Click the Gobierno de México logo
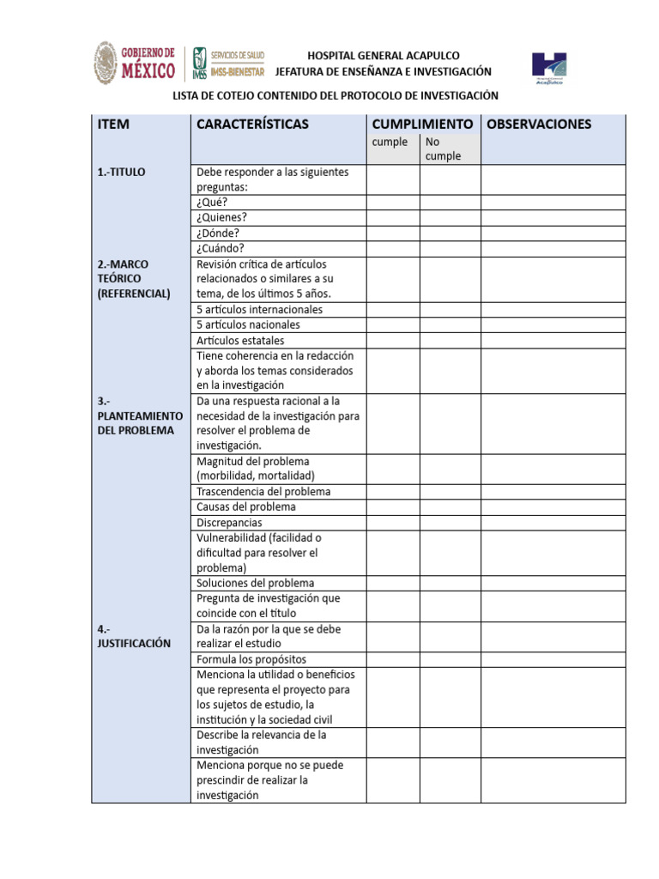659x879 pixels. [135, 64]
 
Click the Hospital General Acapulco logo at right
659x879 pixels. [549, 67]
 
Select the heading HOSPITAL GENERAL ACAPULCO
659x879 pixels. [384, 56]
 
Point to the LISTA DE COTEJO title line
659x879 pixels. [336, 96]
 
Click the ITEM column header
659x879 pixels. [114, 124]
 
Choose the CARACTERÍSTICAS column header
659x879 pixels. [252, 124]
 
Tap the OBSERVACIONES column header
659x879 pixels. [539, 124]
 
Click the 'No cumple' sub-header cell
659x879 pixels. [443, 149]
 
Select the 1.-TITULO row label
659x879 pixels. [122, 173]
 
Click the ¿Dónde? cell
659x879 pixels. [218, 233]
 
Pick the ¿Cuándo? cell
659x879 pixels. [221, 249]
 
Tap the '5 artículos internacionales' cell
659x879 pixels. [260, 309]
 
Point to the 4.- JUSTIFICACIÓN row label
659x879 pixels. [134, 636]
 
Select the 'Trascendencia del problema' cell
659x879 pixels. [263, 492]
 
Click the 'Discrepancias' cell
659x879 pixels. [229, 522]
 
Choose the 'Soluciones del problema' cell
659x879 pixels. [255, 583]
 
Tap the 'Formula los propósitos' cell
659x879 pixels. [251, 659]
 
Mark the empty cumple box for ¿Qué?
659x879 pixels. [392, 203]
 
